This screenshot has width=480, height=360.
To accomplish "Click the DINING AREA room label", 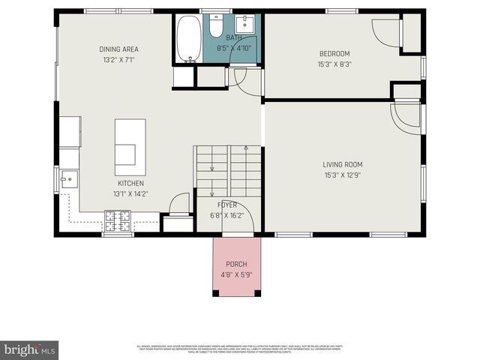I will tap(119, 49).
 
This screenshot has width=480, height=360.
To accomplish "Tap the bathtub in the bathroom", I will tap(188, 39).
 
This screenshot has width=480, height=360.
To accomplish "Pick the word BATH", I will tap(234, 38).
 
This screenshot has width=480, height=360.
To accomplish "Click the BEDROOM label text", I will tap(334, 54).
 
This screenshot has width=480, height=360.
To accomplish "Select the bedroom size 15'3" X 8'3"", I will tap(334, 64).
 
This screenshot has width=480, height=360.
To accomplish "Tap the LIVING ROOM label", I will tap(342, 165).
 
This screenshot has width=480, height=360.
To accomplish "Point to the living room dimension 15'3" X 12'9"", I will tap(342, 175).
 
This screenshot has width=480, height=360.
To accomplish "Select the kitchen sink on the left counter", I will tap(68, 179).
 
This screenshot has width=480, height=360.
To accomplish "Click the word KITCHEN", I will tap(130, 183).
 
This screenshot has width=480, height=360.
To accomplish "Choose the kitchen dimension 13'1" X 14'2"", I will tap(130, 193).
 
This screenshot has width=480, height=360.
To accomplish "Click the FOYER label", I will tap(227, 205).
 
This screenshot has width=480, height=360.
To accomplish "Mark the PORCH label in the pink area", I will tap(236, 265).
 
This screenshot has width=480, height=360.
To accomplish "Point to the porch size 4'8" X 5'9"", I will tap(236, 274).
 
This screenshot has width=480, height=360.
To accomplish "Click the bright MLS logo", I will tap(29, 349).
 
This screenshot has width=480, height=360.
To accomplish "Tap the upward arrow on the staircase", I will tap(212, 172).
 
